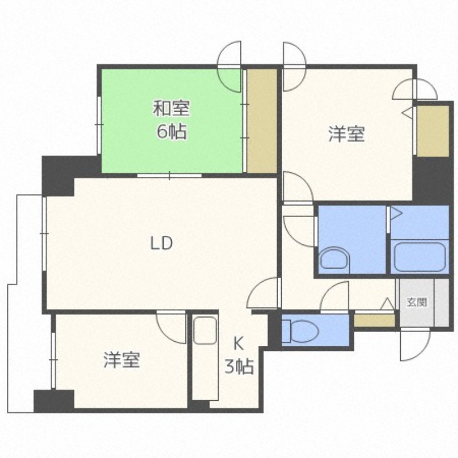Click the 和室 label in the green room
point(171,108)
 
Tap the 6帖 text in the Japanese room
point(172,132)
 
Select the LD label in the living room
point(161,243)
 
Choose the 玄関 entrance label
point(417,303)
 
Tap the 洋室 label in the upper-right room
point(346,134)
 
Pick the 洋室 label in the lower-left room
point(122,360)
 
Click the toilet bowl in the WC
point(301,331)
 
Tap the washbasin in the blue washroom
point(335,260)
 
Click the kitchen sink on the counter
point(205,330)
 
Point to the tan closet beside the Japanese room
point(262,121)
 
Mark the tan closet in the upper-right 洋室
point(433,131)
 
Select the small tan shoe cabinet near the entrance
point(374,321)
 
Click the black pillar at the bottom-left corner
point(54,401)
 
